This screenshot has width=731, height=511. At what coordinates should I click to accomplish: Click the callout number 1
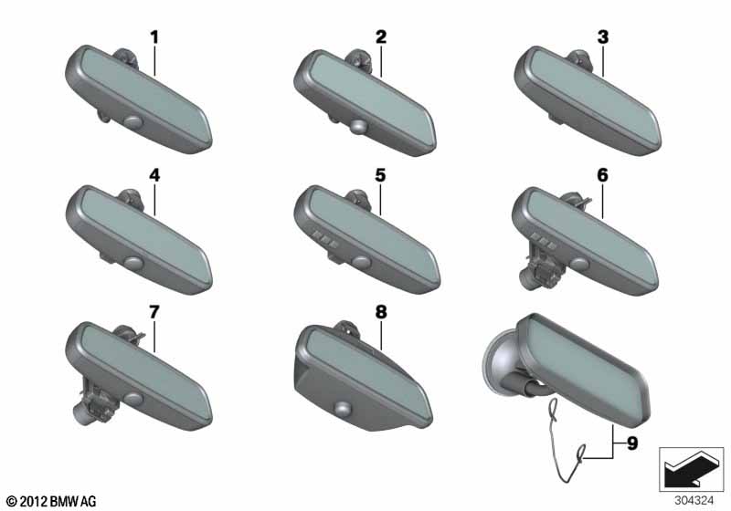click(x=154, y=37)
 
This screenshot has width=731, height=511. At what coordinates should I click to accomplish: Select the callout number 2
click(x=381, y=37)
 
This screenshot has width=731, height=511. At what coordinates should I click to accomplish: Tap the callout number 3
click(x=603, y=37)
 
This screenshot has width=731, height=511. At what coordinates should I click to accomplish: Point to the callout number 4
click(x=154, y=175)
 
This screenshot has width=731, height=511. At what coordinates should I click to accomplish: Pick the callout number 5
click(x=380, y=175)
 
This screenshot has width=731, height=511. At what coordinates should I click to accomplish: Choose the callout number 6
click(x=602, y=175)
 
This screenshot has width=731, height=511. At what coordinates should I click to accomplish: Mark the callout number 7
click(x=154, y=312)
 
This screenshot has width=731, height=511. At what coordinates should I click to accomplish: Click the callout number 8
click(x=381, y=312)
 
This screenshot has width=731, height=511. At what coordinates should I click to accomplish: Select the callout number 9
click(x=632, y=443)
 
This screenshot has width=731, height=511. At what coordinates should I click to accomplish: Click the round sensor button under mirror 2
click(x=358, y=126)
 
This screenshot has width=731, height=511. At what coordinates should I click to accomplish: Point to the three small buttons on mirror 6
click(x=543, y=241)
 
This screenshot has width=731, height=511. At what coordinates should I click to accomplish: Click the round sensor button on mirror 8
click(x=344, y=407)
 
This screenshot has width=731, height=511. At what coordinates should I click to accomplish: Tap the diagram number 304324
click(x=694, y=501)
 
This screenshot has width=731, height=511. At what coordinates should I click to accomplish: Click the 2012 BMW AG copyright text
click(x=51, y=501)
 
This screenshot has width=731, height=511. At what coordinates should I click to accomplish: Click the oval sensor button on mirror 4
click(x=133, y=263)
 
